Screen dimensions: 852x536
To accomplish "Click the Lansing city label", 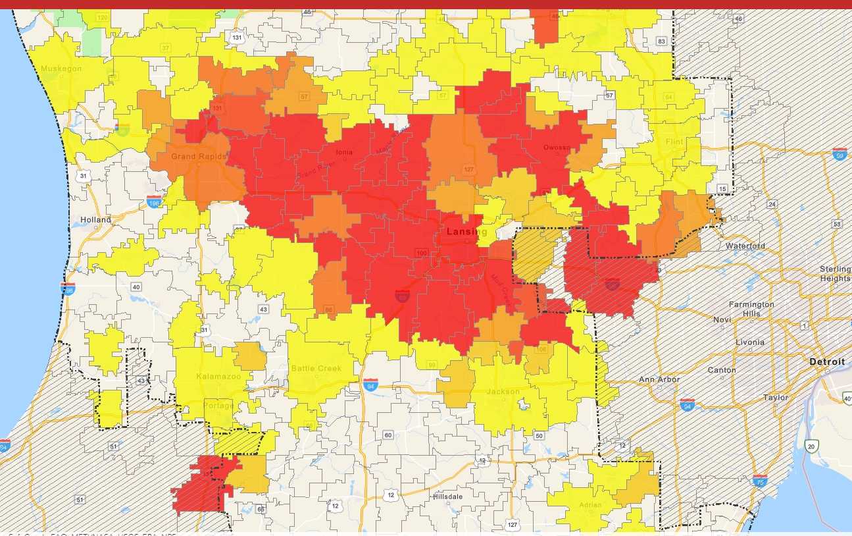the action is point(466,232).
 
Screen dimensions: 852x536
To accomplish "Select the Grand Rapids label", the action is point(199,157).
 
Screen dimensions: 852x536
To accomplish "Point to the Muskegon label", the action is point(61,68).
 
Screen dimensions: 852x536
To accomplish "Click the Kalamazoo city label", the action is point(218,377).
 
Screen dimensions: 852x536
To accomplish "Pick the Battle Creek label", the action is point(316,368).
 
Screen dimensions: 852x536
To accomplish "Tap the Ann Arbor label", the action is point(659,380).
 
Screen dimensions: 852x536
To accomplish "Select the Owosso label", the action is point(557,147).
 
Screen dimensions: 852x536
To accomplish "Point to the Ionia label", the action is point(344,152).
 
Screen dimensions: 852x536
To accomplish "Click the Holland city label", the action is point(95,219).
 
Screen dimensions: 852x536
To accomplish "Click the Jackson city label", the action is point(503,392).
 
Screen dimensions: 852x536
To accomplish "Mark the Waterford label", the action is point(745,246).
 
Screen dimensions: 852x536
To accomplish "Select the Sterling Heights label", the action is point(834,273).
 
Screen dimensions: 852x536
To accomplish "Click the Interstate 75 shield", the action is point(760,480).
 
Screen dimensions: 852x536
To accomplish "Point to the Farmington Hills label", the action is point(751,309).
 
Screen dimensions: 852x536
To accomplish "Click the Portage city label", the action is point(217,406).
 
